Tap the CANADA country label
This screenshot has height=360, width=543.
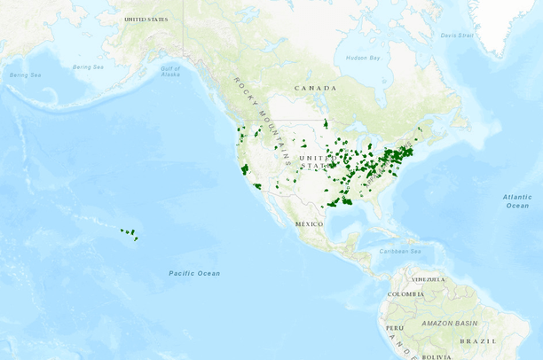[317, 88]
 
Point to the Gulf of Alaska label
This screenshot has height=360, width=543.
[170, 70]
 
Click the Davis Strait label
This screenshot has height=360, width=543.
[458, 35]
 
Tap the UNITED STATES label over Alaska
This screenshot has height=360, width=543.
[147, 19]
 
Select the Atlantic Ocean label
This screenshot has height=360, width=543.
[516, 200]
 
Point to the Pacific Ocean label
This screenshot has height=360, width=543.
[194, 272]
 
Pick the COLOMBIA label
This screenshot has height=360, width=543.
[405, 293]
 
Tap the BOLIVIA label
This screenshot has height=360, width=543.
[436, 356]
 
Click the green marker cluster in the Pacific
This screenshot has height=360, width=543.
[130, 233]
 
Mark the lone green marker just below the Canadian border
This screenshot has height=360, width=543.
[326, 123]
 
